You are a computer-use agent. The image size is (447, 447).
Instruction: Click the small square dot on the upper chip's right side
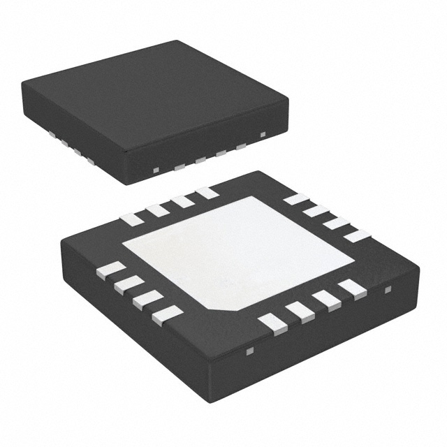pos(263,133)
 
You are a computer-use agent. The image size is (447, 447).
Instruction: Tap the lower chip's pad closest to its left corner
pos(110,270)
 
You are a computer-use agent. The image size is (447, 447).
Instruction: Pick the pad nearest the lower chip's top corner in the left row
pos(207,192)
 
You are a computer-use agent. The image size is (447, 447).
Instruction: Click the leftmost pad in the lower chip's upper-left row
pos(131,219)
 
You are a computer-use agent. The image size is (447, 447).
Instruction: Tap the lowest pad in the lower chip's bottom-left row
pos(167,315)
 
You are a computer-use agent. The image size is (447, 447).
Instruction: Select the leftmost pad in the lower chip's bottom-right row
pos(272,323)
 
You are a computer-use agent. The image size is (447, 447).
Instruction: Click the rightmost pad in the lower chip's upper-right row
pos(356,235)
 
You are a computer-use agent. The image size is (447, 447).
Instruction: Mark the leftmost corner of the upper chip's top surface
pos(22,85)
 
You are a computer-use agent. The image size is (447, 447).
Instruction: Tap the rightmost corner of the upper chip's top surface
pos(288,100)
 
